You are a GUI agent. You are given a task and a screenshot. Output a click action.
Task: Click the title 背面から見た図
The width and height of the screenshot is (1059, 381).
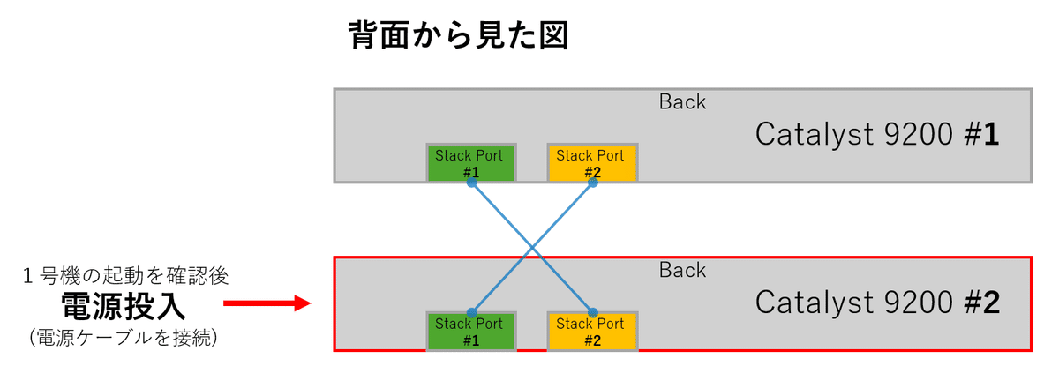(x=458, y=35)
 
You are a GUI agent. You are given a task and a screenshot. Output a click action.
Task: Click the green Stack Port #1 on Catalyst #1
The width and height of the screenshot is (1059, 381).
(x=470, y=161)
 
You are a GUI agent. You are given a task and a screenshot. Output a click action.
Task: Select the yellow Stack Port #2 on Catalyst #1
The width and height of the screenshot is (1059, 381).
(x=591, y=161)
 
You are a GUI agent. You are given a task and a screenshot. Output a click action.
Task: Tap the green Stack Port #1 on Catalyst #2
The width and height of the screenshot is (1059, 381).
(x=470, y=331)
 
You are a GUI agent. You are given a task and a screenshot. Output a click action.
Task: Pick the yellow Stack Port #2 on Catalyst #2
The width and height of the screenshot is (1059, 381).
(x=591, y=331)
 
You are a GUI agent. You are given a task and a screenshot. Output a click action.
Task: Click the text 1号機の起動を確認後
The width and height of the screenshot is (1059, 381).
(x=125, y=276)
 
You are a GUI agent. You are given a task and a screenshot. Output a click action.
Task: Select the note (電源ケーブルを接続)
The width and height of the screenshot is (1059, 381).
(x=124, y=337)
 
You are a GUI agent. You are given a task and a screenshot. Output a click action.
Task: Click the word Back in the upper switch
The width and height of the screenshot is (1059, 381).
(x=682, y=101)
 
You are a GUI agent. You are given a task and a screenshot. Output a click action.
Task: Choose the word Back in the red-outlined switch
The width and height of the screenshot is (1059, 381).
(x=682, y=270)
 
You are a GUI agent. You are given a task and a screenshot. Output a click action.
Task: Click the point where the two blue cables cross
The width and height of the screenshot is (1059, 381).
(x=532, y=247)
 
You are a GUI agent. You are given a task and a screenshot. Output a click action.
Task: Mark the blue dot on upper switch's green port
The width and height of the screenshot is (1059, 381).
(x=471, y=183)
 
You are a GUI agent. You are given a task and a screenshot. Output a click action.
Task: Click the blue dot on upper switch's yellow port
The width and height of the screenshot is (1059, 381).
(x=592, y=183)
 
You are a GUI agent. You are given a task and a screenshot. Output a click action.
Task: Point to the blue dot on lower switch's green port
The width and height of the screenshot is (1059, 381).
(x=471, y=312)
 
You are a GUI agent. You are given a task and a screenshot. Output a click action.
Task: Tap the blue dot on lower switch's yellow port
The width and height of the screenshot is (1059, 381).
(x=592, y=312)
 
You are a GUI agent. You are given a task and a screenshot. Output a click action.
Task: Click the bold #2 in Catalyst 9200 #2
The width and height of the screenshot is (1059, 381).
(x=979, y=303)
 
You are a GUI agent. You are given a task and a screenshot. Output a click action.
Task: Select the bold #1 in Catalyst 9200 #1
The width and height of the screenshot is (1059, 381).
(x=979, y=136)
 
